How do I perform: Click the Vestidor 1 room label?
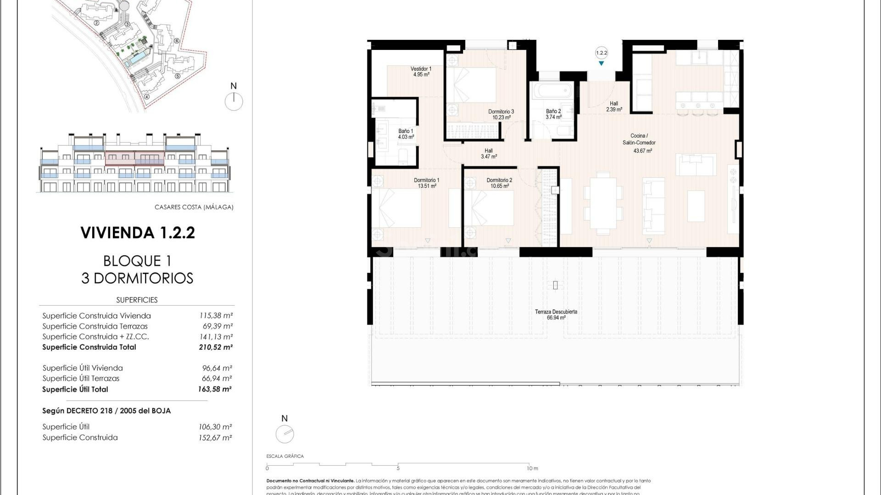[x=420, y=71]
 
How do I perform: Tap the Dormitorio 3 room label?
[x=501, y=114]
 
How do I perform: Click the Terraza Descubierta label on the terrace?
[x=556, y=314]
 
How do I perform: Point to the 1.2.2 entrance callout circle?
[x=601, y=53]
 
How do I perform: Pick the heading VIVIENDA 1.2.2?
[x=138, y=233]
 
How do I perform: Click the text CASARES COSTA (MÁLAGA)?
[x=194, y=207]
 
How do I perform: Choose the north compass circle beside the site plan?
[x=234, y=101]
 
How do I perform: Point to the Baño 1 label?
[x=406, y=134]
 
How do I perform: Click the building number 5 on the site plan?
[x=177, y=76]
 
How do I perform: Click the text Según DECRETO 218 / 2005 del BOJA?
[x=106, y=411]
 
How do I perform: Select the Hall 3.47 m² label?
[x=489, y=154]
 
